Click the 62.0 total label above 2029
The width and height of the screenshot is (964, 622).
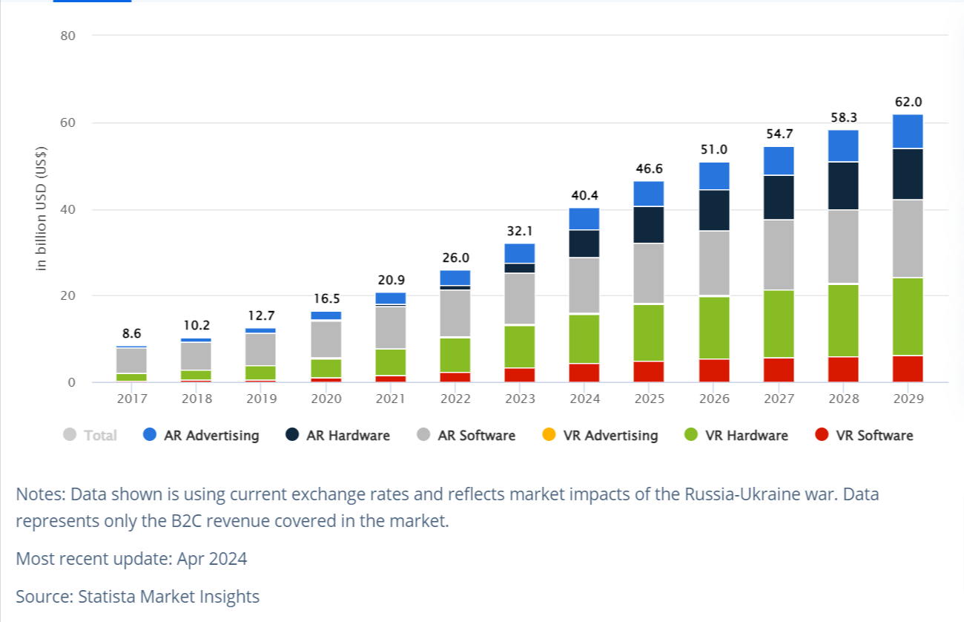tap(908, 102)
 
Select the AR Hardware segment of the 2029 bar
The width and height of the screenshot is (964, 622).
tap(908, 174)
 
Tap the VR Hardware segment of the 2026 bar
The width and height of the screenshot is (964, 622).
tap(714, 327)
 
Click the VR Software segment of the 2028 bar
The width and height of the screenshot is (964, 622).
tap(844, 370)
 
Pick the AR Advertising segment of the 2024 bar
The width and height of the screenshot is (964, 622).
tap(584, 219)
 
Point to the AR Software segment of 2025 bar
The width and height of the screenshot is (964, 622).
tap(649, 274)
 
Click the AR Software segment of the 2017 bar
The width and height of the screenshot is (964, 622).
tap(132, 360)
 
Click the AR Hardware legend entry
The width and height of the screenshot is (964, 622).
tap(338, 436)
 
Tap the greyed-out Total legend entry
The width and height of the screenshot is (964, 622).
tap(90, 436)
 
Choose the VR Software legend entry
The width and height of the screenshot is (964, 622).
tap(864, 436)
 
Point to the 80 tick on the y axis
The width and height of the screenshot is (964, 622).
tap(67, 36)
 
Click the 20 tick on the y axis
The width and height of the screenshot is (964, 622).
tap(67, 296)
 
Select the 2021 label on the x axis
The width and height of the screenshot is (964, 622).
tap(391, 399)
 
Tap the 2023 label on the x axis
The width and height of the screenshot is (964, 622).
tap(520, 399)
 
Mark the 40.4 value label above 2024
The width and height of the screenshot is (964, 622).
tap(584, 196)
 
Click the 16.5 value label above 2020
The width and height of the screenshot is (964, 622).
tap(326, 299)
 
